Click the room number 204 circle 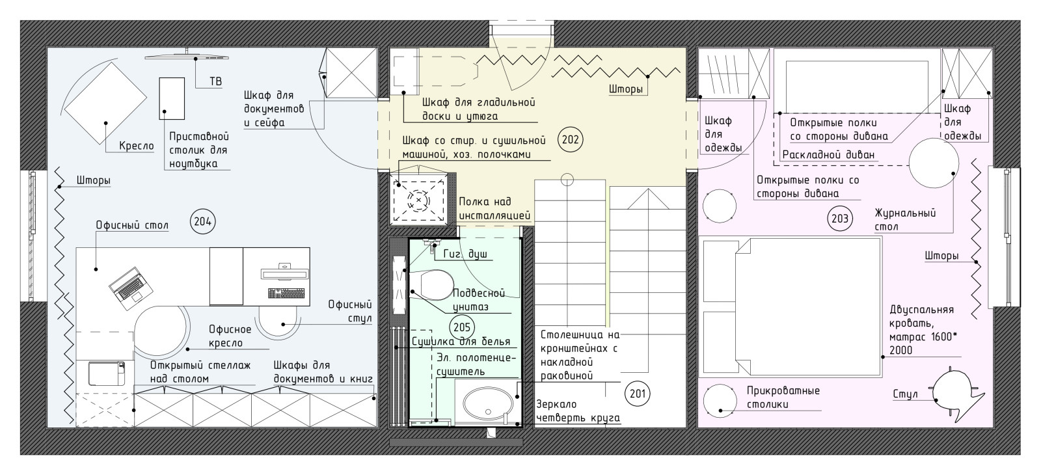point(202,222)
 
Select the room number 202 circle point(570,139)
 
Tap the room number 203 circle point(840,219)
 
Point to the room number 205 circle point(462,327)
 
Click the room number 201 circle point(637,394)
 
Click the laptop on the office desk point(131,288)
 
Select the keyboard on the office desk point(286,293)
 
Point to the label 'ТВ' point(215,82)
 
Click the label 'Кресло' point(136,146)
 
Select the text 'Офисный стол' point(132,225)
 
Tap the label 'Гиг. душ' point(465,254)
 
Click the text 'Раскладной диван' point(829,155)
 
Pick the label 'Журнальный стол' point(905,221)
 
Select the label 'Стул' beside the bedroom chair point(905,394)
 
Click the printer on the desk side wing point(107,373)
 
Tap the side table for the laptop point(172,98)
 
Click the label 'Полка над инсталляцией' point(494,209)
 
